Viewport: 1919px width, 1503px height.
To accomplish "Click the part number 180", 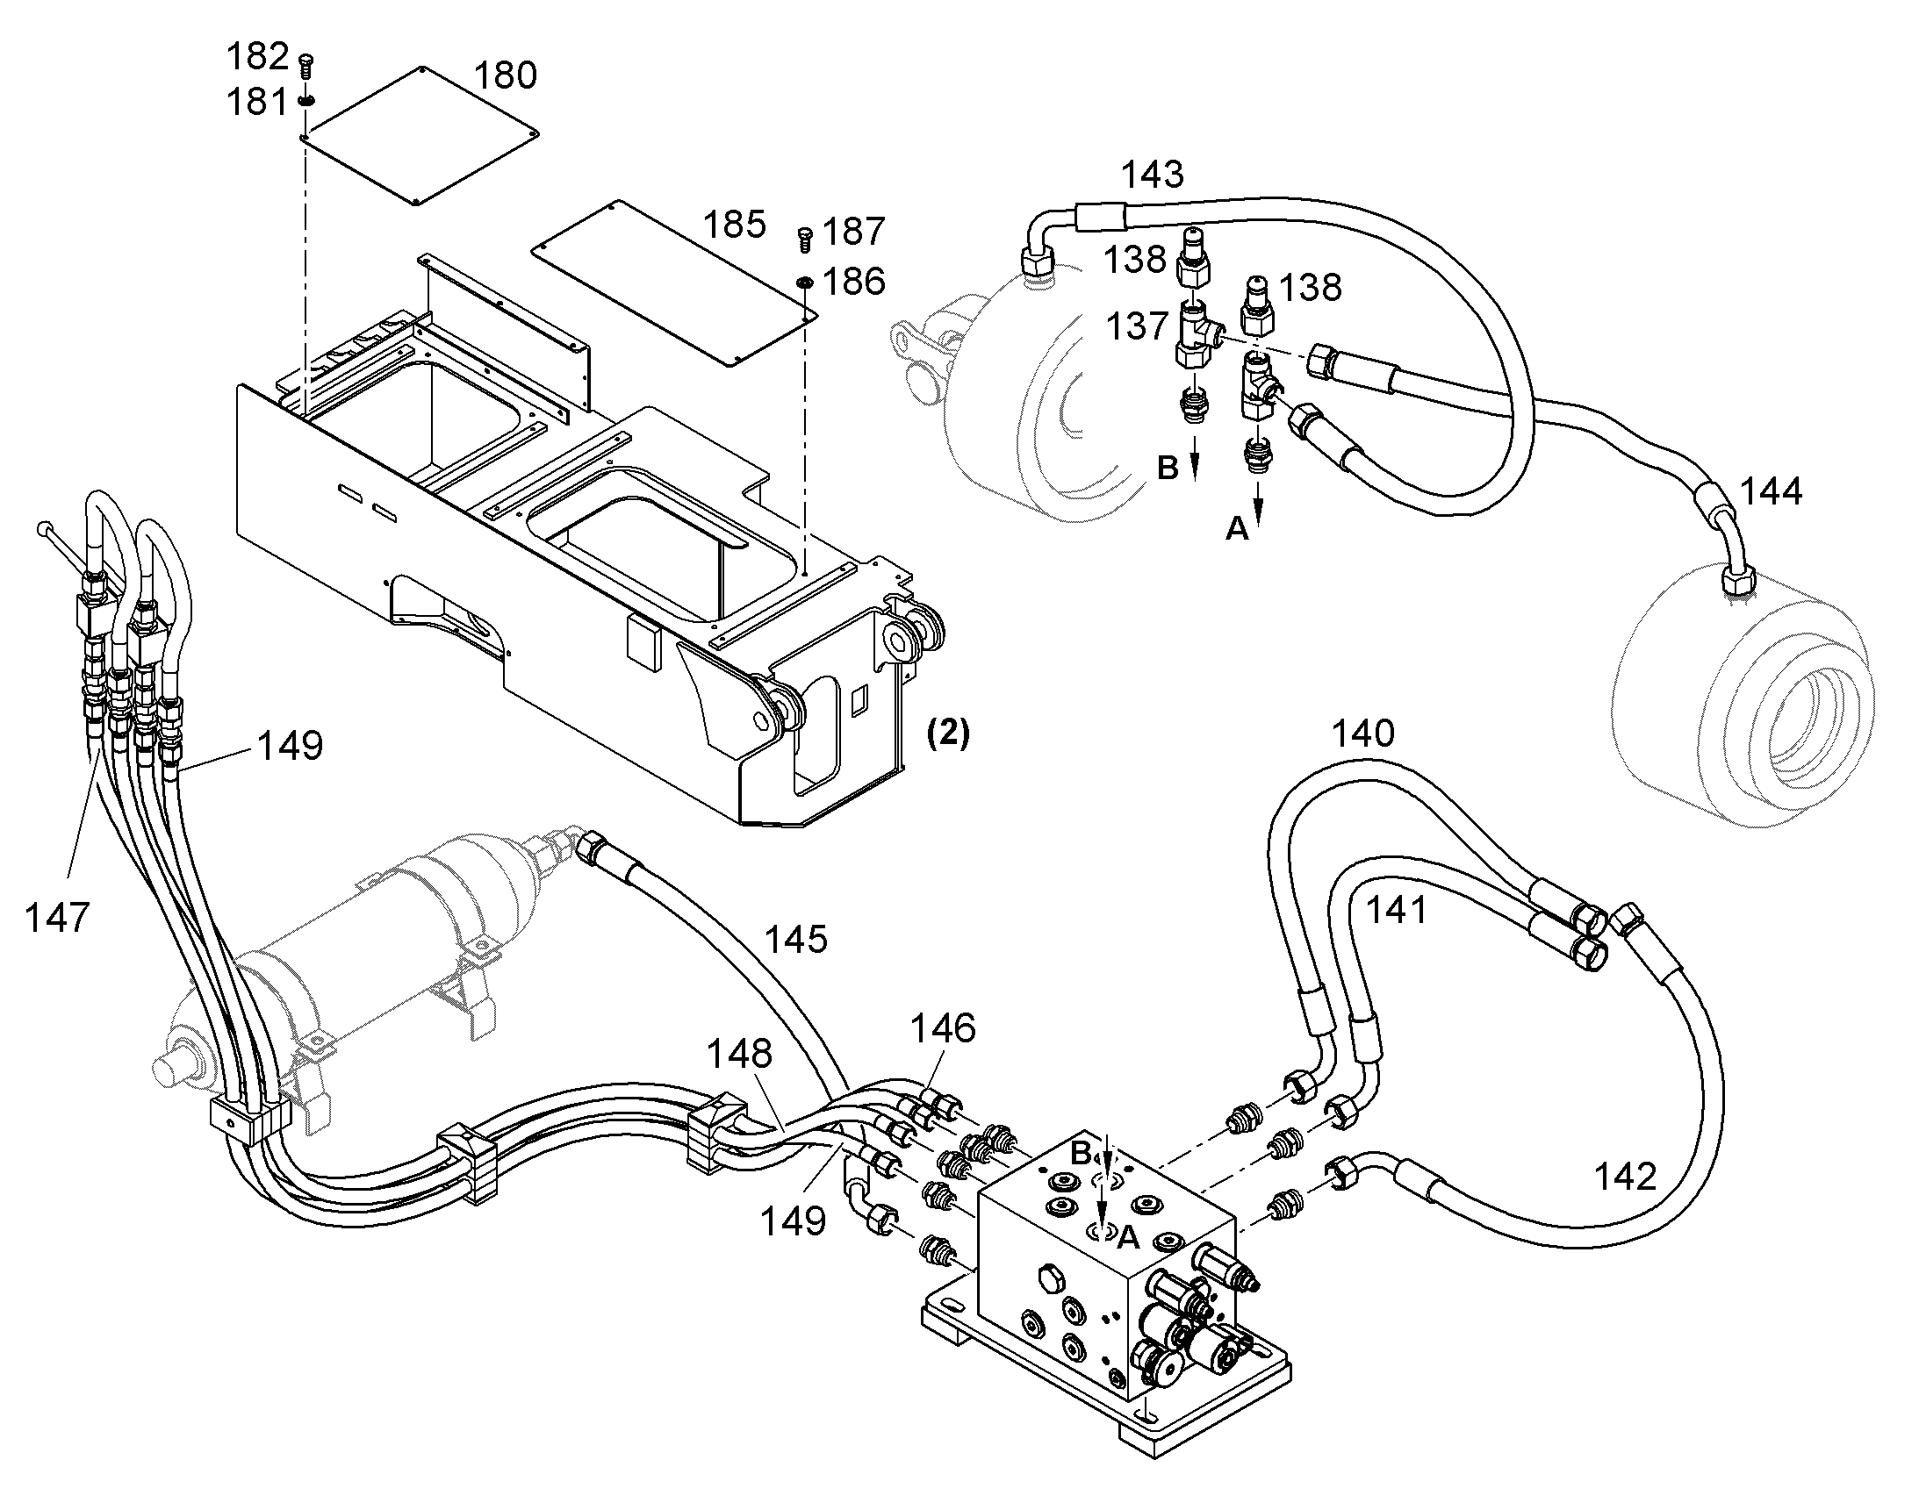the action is point(506,75).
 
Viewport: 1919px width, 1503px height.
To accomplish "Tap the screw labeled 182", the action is point(306,64).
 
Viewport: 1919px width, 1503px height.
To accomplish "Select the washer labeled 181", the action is point(306,100).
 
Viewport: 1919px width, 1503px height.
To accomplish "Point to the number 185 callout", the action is point(735,225).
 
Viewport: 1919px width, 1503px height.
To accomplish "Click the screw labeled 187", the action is point(805,235).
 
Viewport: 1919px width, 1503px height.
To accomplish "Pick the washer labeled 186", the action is point(805,282).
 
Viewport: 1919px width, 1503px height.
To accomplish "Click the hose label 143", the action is point(1153,175).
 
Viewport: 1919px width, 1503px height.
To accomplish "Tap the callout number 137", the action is point(1138,326).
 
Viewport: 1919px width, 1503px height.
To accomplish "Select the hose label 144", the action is point(1771,491).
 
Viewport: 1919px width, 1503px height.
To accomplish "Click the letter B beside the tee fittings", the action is point(1168,469).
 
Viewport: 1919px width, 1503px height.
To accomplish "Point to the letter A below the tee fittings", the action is point(1237,528).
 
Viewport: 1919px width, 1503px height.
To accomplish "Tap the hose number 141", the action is point(1396,910).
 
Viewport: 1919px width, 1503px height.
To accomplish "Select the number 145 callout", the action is point(795,939).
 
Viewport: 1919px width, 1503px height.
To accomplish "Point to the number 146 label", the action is point(943,1027).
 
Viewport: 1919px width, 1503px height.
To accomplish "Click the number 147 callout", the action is point(57,918).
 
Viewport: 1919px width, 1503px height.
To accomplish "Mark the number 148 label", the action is point(740,1053).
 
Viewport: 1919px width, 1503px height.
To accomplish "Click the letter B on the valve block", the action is point(1081,1151).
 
